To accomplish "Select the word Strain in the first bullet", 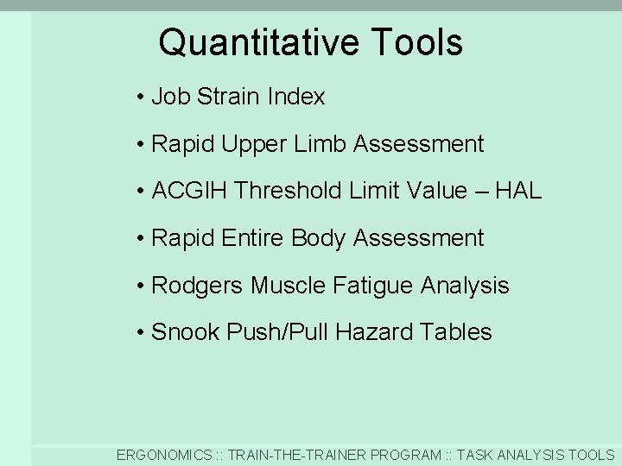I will pyautogui.click(x=230, y=97).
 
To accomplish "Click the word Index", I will pyautogui.click(x=296, y=97).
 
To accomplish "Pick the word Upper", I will pyautogui.click(x=255, y=144).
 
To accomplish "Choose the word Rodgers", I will pyautogui.click(x=198, y=286).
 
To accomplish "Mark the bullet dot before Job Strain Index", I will pyautogui.click(x=140, y=98).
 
